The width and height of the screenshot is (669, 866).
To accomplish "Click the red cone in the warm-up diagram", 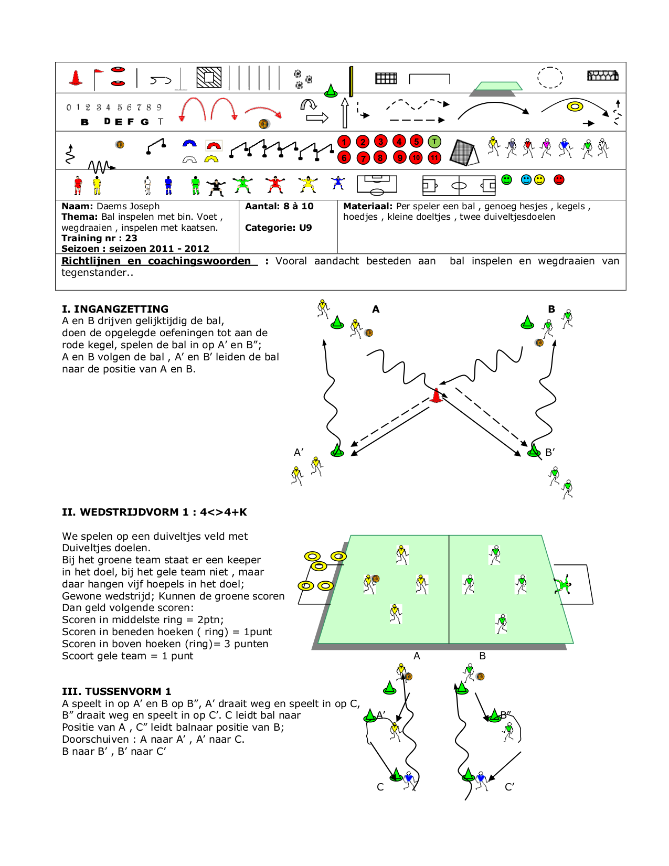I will coord(436,395).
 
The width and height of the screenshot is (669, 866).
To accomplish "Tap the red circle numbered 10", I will coord(416,157).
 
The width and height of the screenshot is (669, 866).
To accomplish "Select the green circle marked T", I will coord(434,142).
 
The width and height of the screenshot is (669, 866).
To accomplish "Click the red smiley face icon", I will coord(559,180).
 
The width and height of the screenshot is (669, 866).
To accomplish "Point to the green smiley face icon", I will coord(506,180).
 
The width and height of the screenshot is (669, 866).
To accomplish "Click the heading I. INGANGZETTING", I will coord(115,309).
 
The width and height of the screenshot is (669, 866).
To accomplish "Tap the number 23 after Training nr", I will coord(131,238).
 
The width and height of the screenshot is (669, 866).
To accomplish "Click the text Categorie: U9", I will coord(278,228).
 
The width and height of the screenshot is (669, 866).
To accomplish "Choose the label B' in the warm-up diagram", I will coord(550,452).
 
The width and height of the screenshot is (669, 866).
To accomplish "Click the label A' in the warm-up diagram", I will coord(299,452).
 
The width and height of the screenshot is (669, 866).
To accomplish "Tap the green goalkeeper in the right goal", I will coord(563,584).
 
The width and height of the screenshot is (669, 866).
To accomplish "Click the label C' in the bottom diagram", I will coord(509,787).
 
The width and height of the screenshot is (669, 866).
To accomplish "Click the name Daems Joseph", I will coord(128,206).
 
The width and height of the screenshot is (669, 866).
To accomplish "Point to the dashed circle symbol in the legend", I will coord(550,78).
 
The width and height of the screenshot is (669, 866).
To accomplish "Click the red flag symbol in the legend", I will coord(98,78).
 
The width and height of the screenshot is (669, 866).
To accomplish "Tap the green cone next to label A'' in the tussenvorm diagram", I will coord(370,715).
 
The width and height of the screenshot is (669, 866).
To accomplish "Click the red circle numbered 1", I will coord(344,142).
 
